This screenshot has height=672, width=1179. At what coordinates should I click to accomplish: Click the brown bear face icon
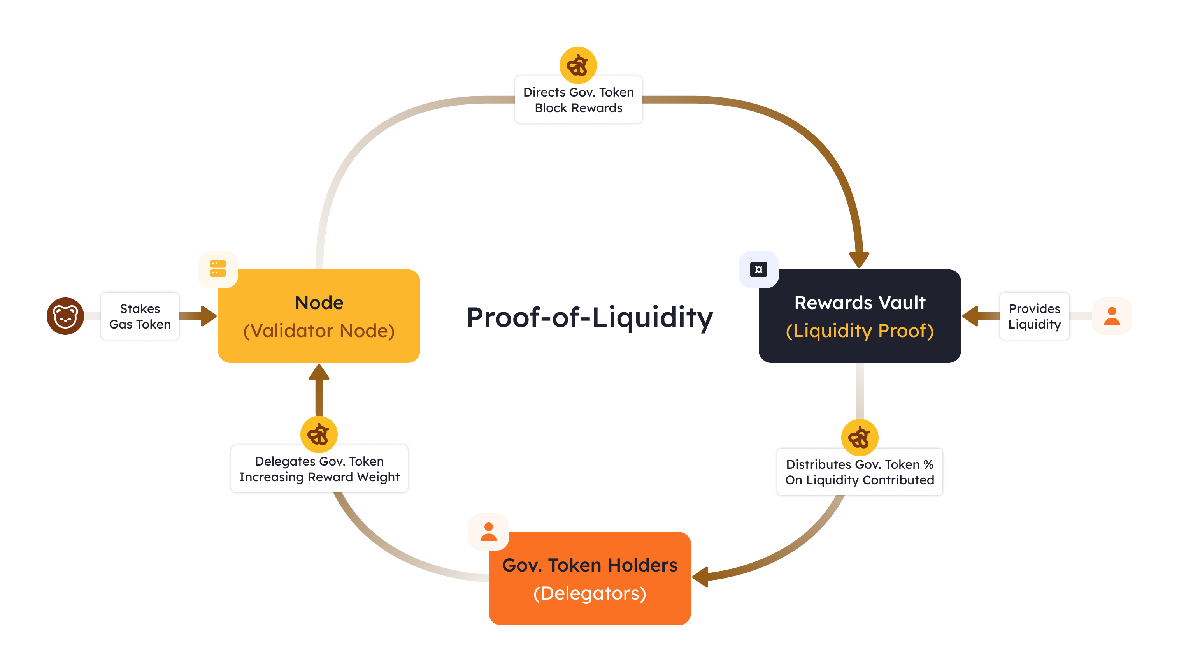click(65, 316)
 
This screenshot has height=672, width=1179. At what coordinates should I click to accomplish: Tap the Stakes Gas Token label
click(140, 316)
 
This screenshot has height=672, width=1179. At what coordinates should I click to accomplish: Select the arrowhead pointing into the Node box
click(208, 316)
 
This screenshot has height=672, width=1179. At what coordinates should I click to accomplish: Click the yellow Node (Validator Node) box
click(319, 317)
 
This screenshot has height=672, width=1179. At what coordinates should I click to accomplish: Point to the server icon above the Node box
click(218, 269)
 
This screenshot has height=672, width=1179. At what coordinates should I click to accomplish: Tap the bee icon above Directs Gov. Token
click(577, 65)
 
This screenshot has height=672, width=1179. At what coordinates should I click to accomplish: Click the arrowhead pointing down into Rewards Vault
click(859, 259)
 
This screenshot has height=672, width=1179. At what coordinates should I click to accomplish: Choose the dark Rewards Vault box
click(859, 317)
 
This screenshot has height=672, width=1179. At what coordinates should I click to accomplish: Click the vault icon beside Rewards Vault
click(758, 269)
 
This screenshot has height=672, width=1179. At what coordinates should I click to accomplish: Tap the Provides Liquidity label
click(1034, 316)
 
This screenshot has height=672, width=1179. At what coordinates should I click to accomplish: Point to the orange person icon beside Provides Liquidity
click(1112, 316)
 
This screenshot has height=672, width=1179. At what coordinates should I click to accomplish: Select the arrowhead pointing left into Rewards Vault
click(970, 316)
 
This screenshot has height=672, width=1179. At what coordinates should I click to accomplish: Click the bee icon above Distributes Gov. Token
click(859, 437)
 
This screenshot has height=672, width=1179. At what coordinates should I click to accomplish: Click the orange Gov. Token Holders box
click(589, 579)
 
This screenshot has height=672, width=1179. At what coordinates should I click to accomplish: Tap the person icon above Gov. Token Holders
click(488, 532)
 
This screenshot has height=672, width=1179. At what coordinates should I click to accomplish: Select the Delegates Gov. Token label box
click(319, 469)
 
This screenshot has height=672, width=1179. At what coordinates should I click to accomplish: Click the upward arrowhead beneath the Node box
click(319, 373)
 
